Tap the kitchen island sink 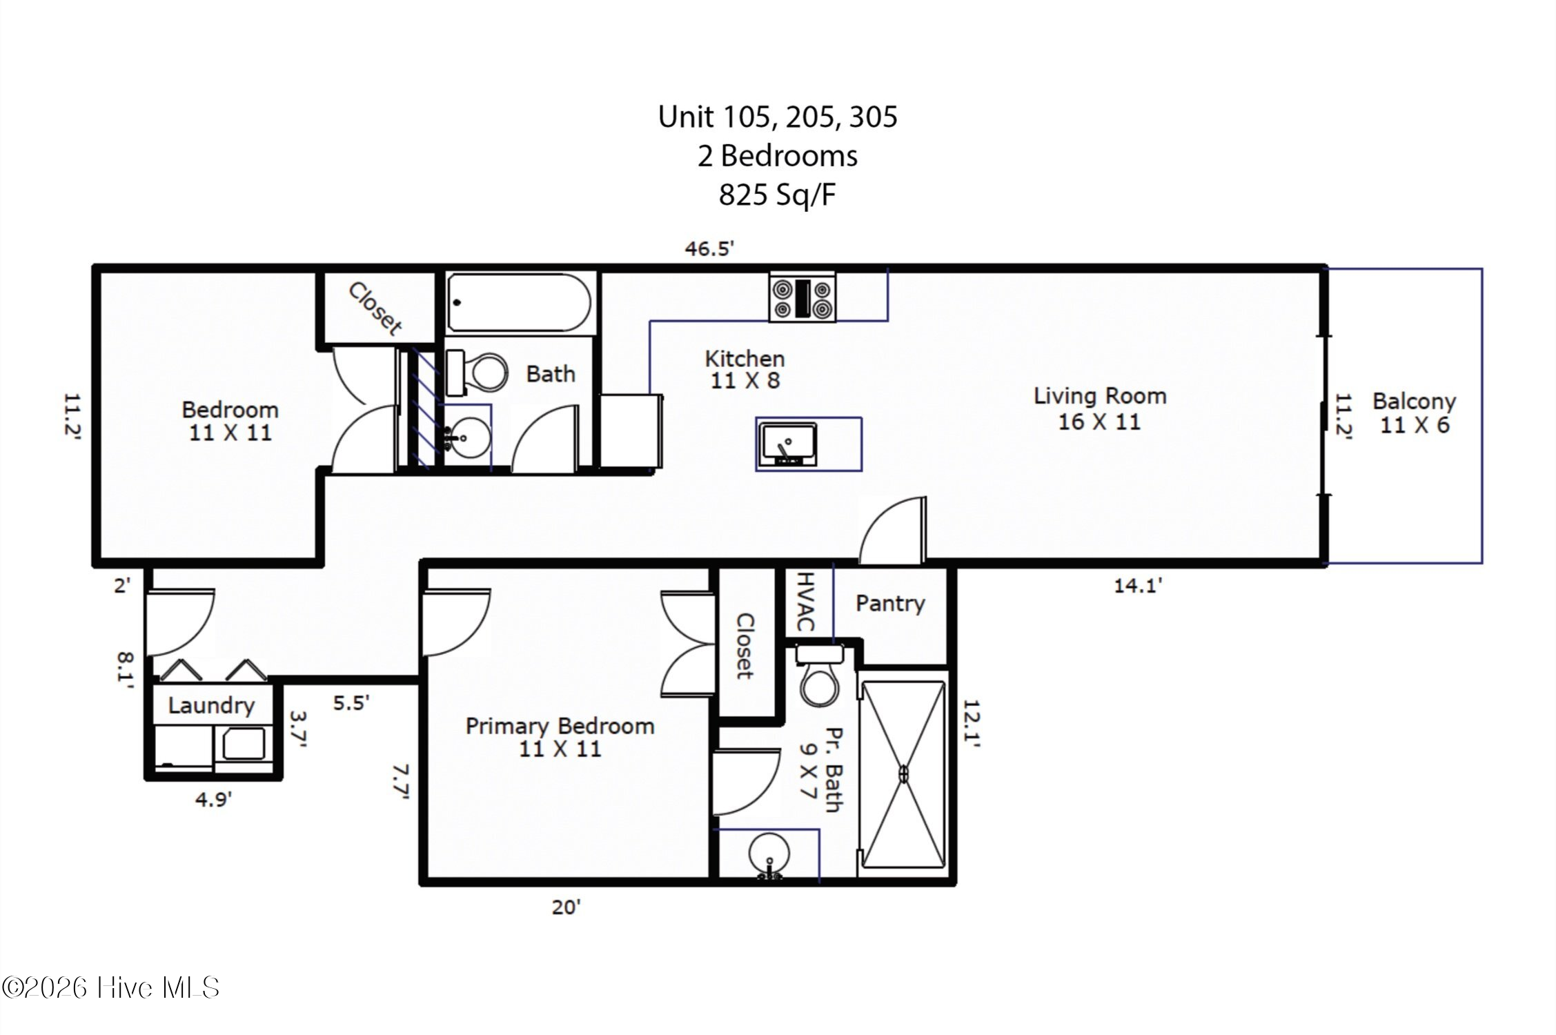(x=788, y=444)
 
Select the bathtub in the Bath (x=518, y=304)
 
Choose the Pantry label (x=889, y=604)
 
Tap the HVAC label (x=806, y=601)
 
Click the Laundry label (x=211, y=705)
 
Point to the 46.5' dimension (x=709, y=248)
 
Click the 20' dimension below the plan (x=566, y=907)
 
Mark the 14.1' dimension (x=1138, y=586)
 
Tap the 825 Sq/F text (x=777, y=195)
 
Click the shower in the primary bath (x=903, y=774)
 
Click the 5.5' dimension (x=351, y=703)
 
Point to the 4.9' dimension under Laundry (x=213, y=800)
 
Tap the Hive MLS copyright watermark (x=110, y=988)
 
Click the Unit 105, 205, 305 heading (x=777, y=117)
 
